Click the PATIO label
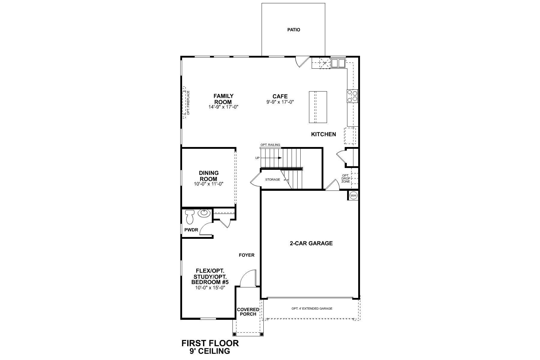[x=293, y=30]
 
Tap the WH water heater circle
[x=353, y=196]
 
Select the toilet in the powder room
[x=190, y=217]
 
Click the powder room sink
[x=204, y=213]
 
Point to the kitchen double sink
[x=338, y=63]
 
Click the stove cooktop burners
[x=352, y=96]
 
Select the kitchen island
[x=318, y=107]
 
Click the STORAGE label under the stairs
[x=272, y=180]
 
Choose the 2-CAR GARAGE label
[x=311, y=243]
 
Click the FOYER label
[x=247, y=255]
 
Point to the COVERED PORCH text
[x=248, y=312]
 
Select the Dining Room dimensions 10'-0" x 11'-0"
[x=208, y=184]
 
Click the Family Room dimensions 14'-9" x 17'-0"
[x=223, y=107]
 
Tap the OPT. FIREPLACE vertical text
[x=188, y=103]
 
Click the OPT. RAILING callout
[x=270, y=145]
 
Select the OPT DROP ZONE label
[x=346, y=178]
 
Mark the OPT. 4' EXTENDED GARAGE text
[x=312, y=308]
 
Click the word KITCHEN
[x=323, y=134]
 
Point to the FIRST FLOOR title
[x=210, y=343]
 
